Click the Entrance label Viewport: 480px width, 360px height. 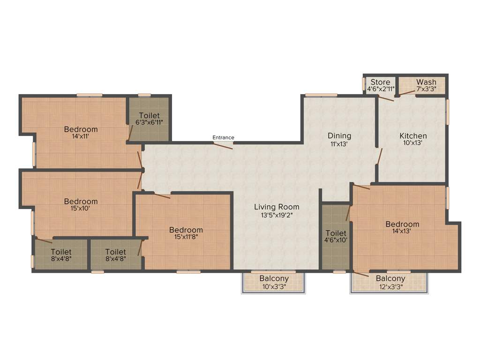point(223,137)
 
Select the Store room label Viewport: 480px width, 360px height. point(380,82)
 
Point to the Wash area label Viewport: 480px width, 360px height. point(426,82)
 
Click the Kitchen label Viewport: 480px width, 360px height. point(413,136)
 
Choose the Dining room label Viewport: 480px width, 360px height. point(339,136)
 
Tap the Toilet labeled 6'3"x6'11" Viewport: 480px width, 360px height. point(149,115)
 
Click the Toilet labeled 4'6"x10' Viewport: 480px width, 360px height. point(336,233)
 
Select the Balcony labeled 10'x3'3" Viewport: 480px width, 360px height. point(274,278)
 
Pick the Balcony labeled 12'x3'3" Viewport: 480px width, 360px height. point(390,278)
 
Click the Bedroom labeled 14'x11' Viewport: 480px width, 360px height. point(81,129)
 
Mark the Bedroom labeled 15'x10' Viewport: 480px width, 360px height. point(81,202)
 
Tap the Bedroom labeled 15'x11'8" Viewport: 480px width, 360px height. point(186,230)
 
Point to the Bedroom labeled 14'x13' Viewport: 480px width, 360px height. point(402,224)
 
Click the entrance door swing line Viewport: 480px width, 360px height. point(223,145)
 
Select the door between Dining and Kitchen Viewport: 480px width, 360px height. point(379,157)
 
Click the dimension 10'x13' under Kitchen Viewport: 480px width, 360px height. point(413,143)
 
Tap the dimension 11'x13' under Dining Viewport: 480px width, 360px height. point(339,144)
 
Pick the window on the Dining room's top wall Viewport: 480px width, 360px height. point(321,95)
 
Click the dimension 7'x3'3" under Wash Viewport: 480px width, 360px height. point(426,89)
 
